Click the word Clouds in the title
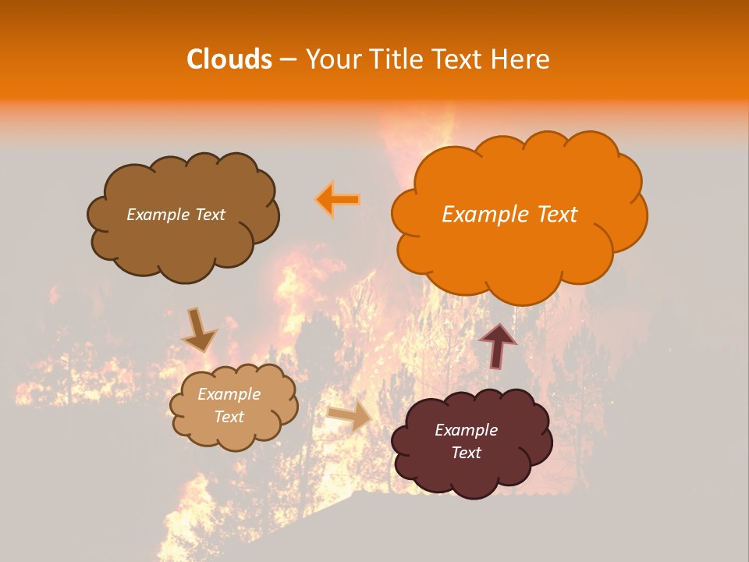tap(229, 59)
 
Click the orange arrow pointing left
tap(339, 199)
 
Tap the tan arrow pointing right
tap(350, 415)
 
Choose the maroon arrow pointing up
tap(499, 345)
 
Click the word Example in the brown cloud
tap(158, 215)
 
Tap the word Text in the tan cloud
tap(229, 417)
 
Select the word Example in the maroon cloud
tap(466, 430)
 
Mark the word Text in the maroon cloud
tap(466, 453)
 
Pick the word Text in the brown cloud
tap(208, 215)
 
